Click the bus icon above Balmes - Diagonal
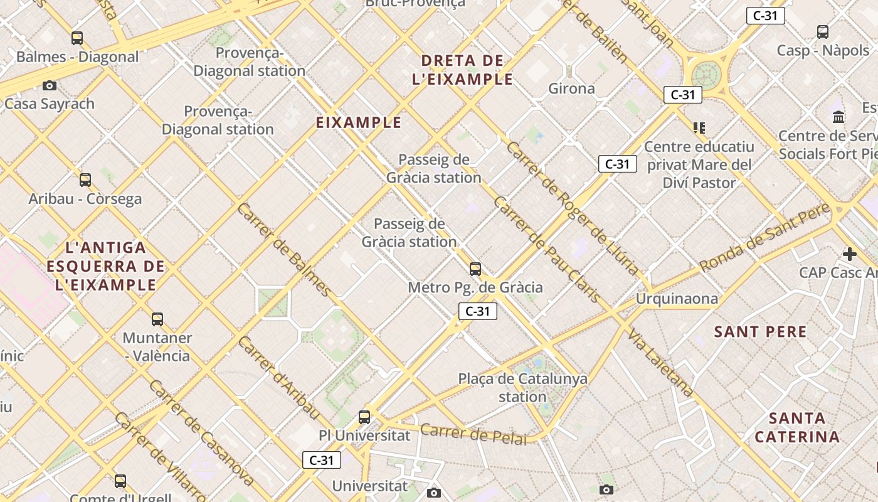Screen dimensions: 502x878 pos(77,38)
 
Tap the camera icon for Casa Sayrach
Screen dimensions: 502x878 pos(50,85)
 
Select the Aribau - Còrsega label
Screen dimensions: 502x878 pos(85,199)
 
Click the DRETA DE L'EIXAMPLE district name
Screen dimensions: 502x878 pos(463,70)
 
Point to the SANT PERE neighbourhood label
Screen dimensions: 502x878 pos(760,332)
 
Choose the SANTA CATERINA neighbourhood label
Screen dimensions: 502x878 pos(796,427)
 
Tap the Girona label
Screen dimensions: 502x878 pos(571,88)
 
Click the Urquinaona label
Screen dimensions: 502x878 pos(677,299)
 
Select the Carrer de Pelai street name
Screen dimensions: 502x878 pos(473,434)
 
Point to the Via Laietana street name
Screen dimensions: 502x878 pos(660,362)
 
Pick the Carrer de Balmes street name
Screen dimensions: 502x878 pos(283,249)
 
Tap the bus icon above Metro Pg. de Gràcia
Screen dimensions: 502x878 pos(475,269)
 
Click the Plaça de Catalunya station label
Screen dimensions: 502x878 pos(522,388)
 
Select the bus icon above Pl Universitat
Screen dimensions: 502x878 pos(364,417)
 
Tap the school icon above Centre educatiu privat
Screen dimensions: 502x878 pos(699,128)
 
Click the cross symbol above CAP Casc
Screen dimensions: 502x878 pos(850,254)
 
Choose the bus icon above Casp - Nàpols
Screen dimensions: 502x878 pos(823,32)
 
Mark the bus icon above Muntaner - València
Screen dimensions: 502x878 pos(157,319)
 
